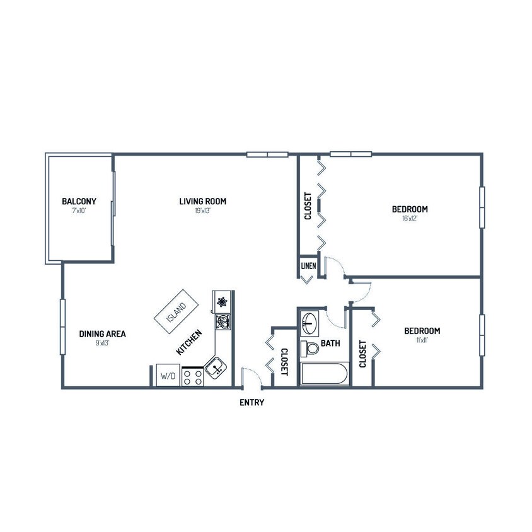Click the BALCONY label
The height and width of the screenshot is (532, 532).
[x=79, y=202]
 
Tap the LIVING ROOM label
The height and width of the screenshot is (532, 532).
[x=202, y=202]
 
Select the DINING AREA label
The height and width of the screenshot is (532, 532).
[x=102, y=334]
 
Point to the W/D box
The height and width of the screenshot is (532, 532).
[x=168, y=376]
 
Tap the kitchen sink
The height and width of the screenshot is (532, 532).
[x=216, y=366]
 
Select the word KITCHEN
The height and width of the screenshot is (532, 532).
[x=189, y=343]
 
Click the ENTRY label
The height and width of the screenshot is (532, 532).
[x=252, y=403]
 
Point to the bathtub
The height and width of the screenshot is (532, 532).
[x=323, y=374]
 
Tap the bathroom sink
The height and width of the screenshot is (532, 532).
[x=309, y=323]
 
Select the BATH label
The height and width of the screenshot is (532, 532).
[x=330, y=344]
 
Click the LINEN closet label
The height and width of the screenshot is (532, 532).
[x=308, y=266]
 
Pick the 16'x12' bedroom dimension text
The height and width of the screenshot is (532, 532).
[x=410, y=219]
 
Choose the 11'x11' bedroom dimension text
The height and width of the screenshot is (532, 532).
[x=422, y=340]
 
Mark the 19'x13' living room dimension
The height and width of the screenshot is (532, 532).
[x=202, y=211]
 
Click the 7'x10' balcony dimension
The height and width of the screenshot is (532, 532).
[x=79, y=211]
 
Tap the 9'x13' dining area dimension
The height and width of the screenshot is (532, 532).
[x=102, y=344]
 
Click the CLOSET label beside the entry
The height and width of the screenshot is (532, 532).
[x=284, y=362]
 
